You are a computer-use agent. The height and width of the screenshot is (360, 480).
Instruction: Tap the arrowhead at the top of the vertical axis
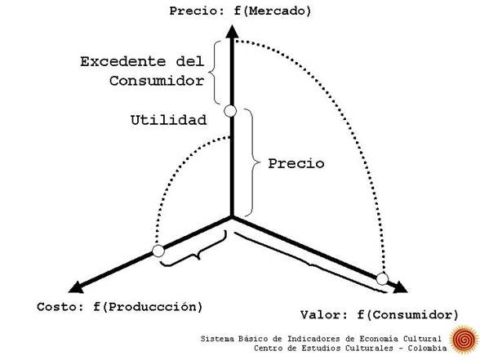point(232,32)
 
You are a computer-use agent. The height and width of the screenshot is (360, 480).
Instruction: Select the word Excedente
point(122,61)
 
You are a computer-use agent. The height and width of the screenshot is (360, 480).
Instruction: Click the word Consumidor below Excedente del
point(157,81)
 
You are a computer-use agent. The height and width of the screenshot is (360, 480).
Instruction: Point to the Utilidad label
point(168,120)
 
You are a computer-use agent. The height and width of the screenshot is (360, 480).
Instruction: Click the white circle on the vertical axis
point(230,111)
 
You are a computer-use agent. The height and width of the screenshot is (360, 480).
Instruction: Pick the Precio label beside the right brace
point(296,163)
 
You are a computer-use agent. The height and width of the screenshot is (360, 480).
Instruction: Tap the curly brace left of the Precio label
point(255,162)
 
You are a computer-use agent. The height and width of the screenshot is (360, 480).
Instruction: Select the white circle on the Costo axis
point(158,251)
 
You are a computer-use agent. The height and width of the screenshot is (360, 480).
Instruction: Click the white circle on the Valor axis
point(382,279)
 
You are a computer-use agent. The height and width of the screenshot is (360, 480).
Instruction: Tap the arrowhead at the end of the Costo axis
point(76,287)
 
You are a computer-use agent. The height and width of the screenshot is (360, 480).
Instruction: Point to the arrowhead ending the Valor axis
point(400,287)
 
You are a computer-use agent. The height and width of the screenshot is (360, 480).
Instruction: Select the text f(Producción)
point(149,307)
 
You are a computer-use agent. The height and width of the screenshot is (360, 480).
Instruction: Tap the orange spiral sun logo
point(464,340)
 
